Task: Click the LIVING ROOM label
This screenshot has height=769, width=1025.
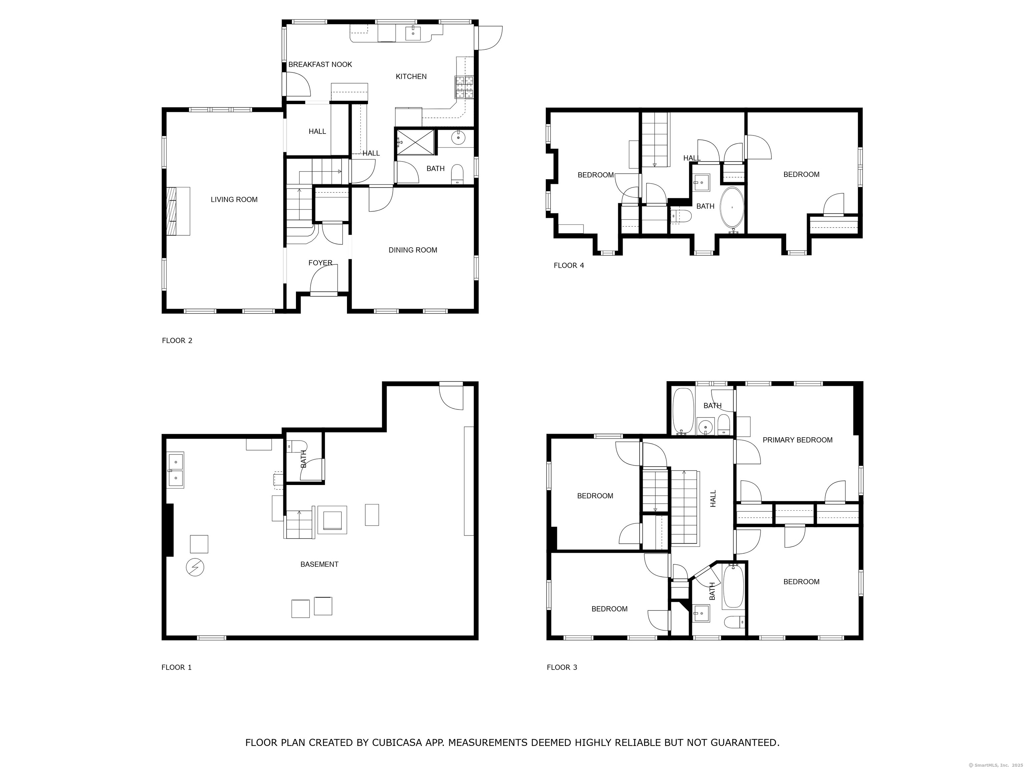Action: pos(234,199)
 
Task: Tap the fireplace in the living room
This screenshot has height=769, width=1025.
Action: pos(179,211)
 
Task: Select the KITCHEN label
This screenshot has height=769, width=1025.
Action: pos(411,76)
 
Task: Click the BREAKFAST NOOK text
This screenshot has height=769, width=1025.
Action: pos(320,64)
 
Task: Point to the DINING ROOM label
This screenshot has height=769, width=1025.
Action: pos(413,250)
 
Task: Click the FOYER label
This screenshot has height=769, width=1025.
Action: pos(320,263)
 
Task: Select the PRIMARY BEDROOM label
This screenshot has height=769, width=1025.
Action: pos(797,440)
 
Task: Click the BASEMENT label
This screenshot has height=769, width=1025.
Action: pos(319,564)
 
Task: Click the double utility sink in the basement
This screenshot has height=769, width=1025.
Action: pos(176,470)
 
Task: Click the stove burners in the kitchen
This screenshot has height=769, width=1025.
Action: pos(465,87)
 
